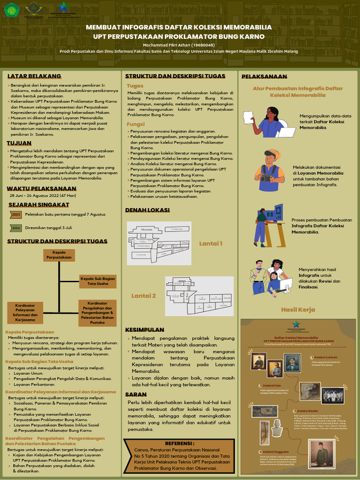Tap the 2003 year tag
(x=16, y=215)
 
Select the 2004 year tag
(x=16, y=228)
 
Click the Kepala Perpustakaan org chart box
(x=59, y=255)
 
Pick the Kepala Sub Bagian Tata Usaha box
(x=97, y=281)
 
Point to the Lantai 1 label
(x=210, y=243)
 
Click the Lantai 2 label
(x=143, y=296)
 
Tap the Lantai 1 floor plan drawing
(x=159, y=243)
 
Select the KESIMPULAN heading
(x=144, y=330)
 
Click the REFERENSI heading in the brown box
(x=180, y=443)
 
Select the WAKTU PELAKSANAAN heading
(x=41, y=188)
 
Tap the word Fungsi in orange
(x=136, y=124)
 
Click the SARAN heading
(x=136, y=395)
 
